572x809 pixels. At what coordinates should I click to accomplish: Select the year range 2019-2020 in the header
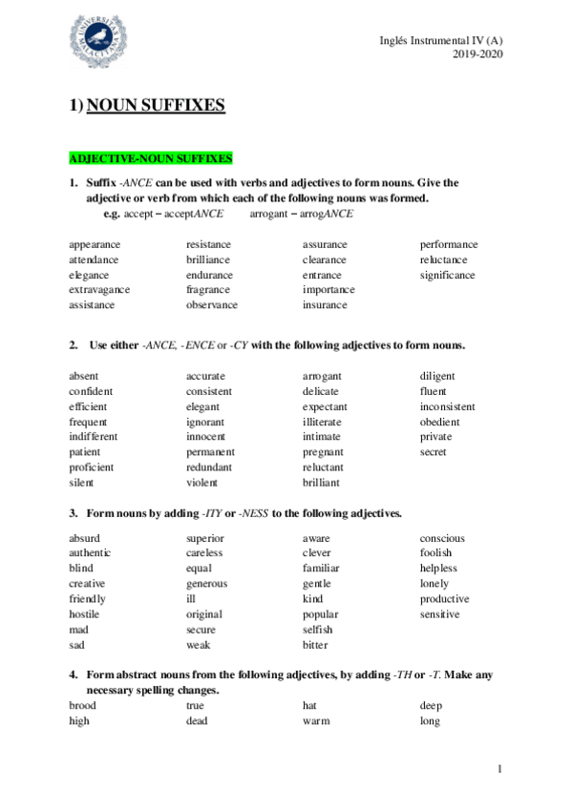click(x=477, y=53)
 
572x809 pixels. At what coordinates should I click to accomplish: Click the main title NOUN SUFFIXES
click(x=156, y=105)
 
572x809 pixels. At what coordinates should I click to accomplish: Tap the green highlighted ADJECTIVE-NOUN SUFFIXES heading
click(x=151, y=157)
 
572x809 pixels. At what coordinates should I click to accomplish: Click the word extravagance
click(x=99, y=290)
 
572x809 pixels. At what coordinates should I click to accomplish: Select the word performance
click(x=449, y=244)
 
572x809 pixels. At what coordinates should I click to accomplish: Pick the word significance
click(x=447, y=275)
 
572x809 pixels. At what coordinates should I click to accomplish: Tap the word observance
click(x=212, y=305)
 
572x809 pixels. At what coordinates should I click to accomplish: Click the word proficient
click(x=92, y=467)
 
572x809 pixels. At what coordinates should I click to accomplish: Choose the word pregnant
click(x=323, y=452)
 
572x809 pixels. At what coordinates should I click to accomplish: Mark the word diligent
click(x=437, y=376)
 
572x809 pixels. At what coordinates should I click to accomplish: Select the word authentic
click(x=90, y=552)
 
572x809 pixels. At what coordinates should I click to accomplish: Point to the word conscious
click(x=442, y=537)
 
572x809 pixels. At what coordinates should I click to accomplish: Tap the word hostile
click(x=84, y=614)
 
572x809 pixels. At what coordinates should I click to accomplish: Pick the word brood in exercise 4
click(x=83, y=706)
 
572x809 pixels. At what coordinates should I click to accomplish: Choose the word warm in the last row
click(x=316, y=721)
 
